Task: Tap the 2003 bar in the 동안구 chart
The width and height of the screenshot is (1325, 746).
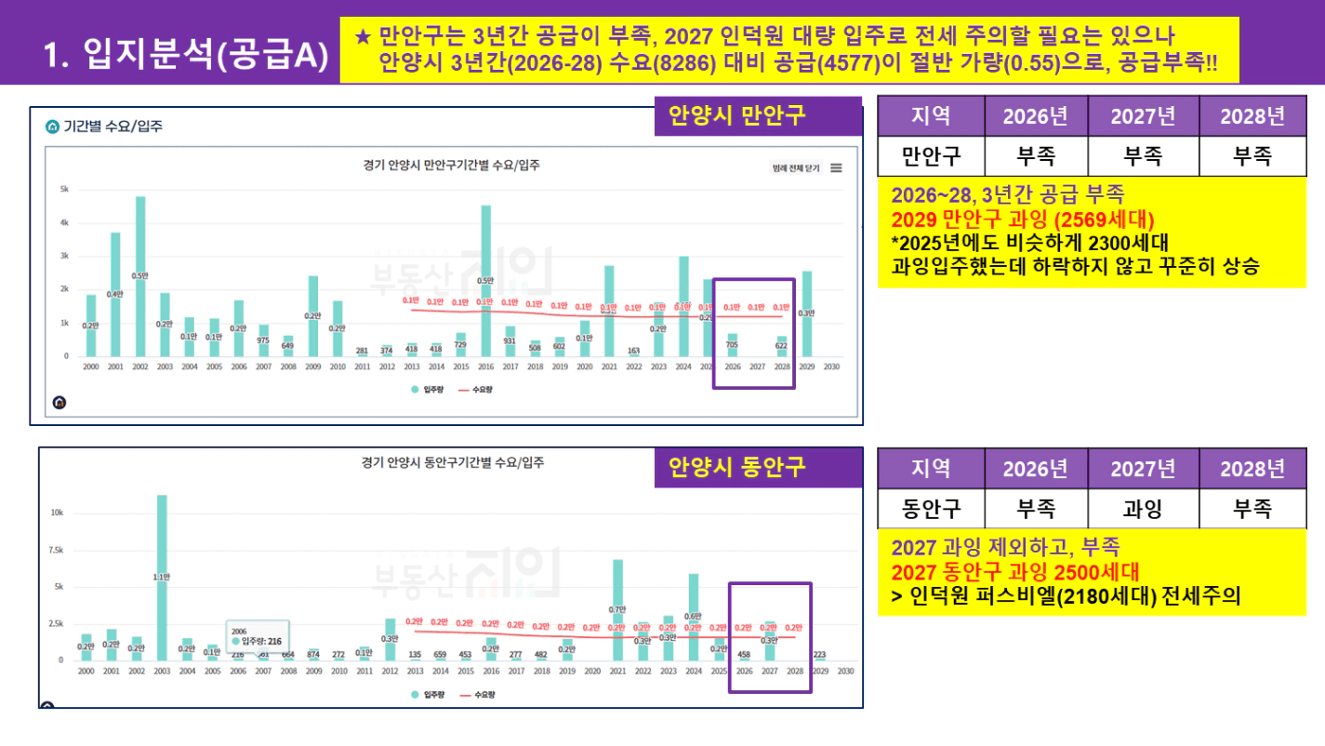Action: tap(162, 577)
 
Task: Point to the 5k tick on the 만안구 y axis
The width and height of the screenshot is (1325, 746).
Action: tap(64, 189)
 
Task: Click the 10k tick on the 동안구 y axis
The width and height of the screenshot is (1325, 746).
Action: tap(57, 513)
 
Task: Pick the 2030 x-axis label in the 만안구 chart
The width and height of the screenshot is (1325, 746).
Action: tap(831, 367)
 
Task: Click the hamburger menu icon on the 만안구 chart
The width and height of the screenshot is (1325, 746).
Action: tap(836, 167)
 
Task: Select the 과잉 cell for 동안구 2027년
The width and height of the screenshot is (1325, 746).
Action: tap(1144, 509)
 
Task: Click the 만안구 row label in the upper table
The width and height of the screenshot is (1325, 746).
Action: tap(931, 155)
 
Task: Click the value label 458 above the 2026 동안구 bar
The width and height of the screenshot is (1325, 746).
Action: tap(743, 654)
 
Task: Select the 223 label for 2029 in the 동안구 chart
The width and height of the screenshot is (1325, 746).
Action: tap(819, 654)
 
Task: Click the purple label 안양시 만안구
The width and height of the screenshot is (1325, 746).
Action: tap(736, 115)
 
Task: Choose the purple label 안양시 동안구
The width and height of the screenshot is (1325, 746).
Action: tap(736, 466)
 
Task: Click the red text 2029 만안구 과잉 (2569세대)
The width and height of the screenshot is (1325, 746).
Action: tap(1022, 220)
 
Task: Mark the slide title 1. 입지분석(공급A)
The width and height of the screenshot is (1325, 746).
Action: tap(186, 54)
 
